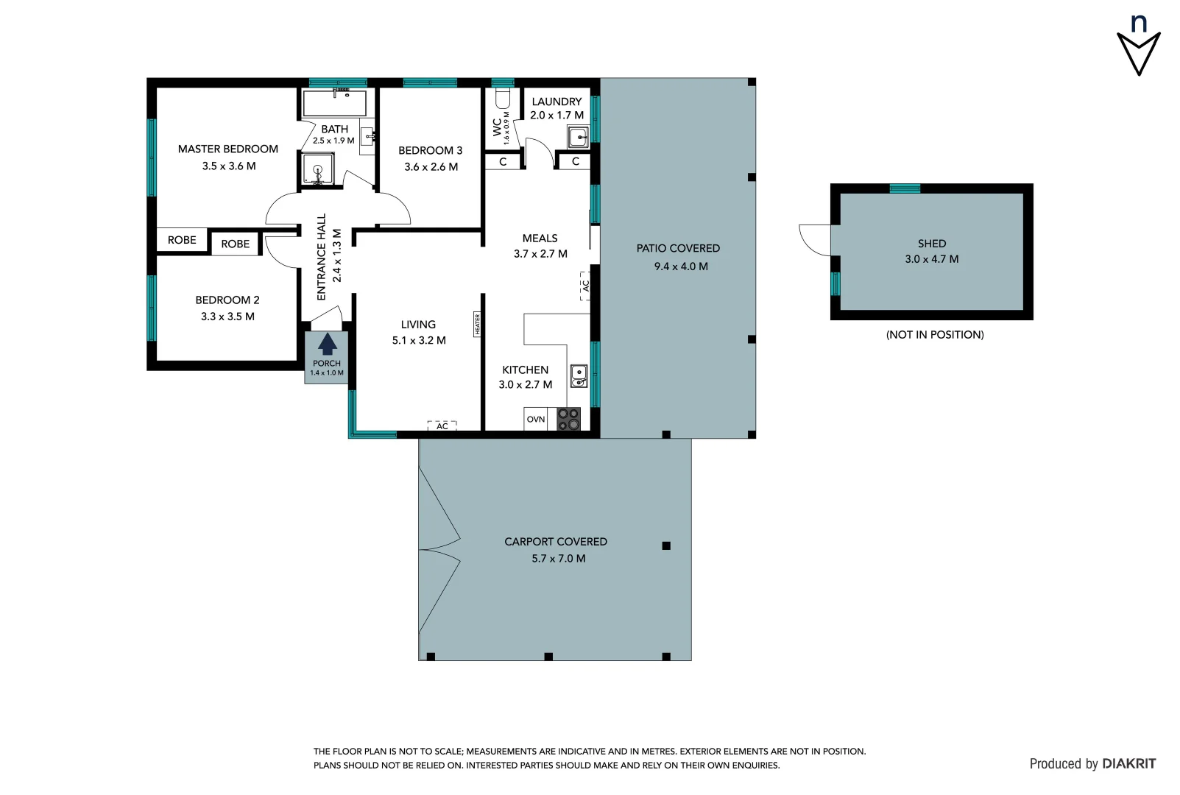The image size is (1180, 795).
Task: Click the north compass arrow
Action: [x=1138, y=52]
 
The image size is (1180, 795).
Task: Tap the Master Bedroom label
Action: [x=228, y=149]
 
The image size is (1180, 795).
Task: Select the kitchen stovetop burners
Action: [x=568, y=419]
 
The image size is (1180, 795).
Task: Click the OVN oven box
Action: [x=536, y=419]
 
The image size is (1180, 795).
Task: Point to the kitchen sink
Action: [x=579, y=375]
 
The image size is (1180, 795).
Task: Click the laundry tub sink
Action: [x=578, y=137]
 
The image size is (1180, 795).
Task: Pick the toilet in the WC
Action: [x=504, y=99]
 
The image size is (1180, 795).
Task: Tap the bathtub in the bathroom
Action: [x=334, y=104]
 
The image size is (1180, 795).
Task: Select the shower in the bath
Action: [x=318, y=170]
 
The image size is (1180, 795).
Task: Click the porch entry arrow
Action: [x=327, y=344]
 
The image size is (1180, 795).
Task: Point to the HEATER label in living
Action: [x=477, y=324]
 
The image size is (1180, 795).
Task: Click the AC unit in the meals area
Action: [x=586, y=286]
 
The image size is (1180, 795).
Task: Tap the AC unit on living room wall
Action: [x=442, y=426]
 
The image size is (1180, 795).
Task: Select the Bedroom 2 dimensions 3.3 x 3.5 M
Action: [x=227, y=317]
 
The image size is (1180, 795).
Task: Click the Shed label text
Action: [x=931, y=243]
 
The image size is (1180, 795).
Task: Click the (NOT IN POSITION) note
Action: [x=934, y=334]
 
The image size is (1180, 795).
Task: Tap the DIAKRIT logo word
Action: [x=1128, y=763]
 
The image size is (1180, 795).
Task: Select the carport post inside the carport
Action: [x=665, y=545]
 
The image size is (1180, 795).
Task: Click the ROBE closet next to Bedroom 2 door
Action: [x=235, y=244]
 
